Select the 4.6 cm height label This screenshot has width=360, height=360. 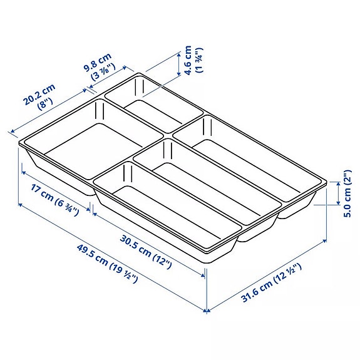click(x=187, y=59)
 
